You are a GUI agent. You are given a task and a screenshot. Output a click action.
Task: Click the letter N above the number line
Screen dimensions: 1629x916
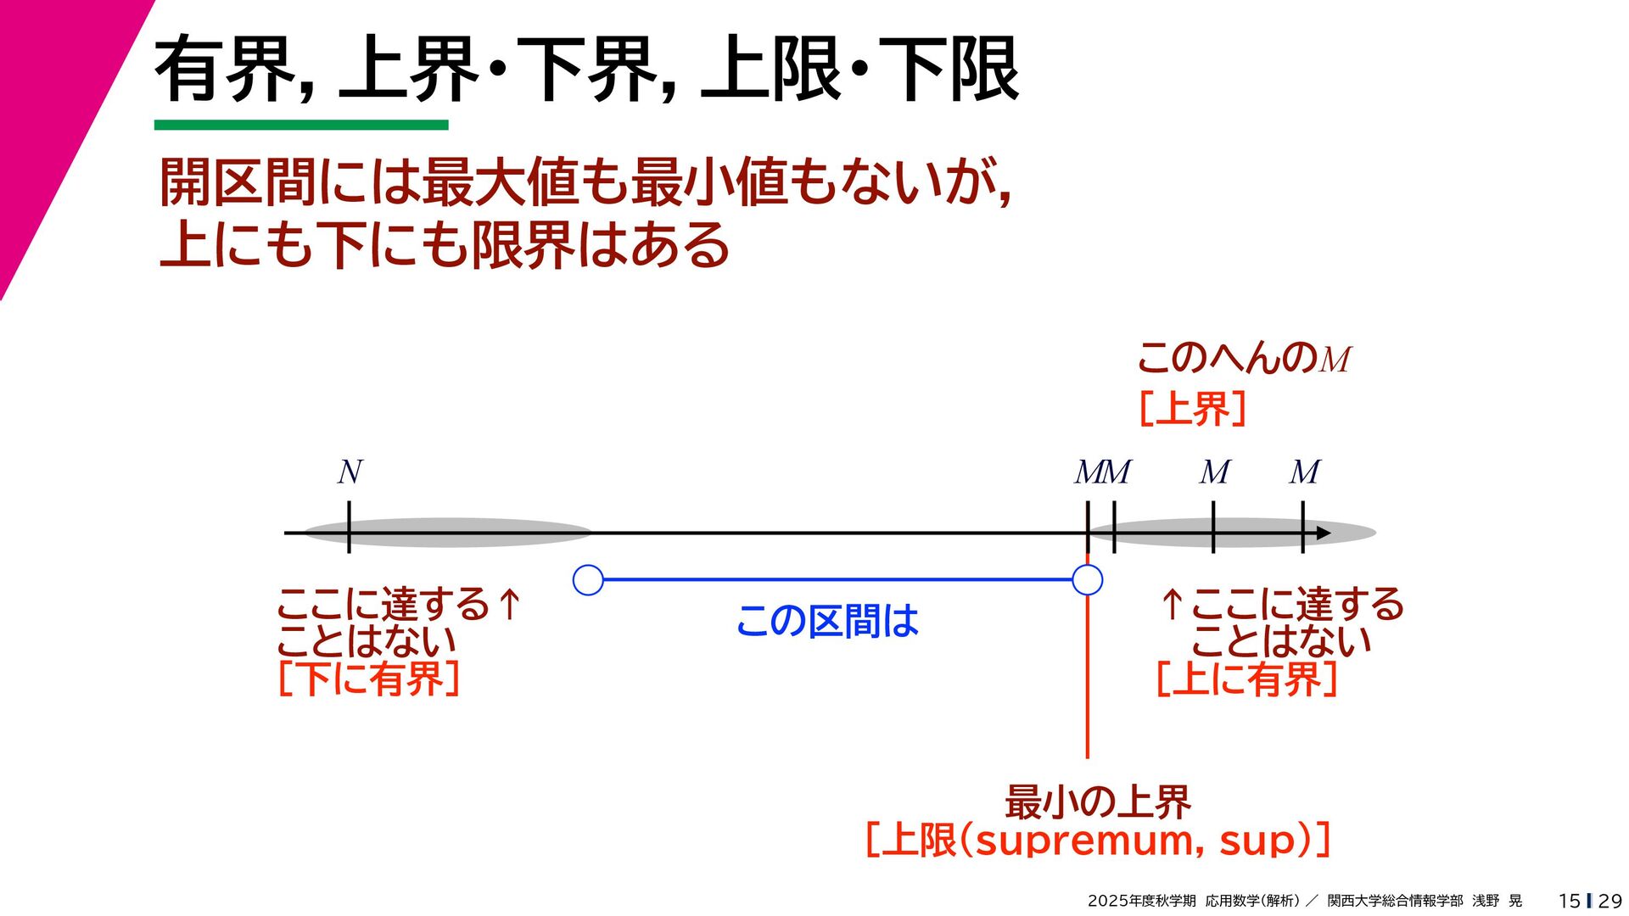tap(350, 472)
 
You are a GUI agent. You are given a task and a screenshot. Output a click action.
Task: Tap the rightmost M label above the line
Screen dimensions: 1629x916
tap(1305, 472)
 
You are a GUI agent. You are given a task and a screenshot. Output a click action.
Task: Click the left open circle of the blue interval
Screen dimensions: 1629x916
tap(588, 580)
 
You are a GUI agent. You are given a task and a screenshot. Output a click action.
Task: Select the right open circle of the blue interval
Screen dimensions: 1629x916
tap(1087, 580)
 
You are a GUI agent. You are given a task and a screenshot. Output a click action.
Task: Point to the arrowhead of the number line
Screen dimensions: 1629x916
tap(1323, 533)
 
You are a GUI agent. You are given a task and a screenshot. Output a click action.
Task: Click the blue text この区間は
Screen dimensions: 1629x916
tap(827, 621)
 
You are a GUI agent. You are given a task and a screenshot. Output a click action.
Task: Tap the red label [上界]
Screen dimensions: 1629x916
tap(1192, 409)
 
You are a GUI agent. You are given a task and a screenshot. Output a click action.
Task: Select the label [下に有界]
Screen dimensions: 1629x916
tap(369, 679)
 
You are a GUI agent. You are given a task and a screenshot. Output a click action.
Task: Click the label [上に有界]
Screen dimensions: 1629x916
tap(1246, 679)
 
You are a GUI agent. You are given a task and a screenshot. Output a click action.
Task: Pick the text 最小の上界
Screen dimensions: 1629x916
tap(1098, 801)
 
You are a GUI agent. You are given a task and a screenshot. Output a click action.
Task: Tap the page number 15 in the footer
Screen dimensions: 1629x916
tap(1569, 901)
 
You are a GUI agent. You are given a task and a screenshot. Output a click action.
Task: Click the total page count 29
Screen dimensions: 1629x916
tap(1609, 901)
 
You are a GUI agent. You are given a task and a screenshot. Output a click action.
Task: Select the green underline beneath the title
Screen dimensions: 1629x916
tap(301, 126)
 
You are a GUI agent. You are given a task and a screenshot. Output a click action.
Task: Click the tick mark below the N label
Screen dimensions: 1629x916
tap(349, 528)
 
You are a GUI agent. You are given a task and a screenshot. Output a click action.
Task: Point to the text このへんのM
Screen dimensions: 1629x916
tap(1243, 359)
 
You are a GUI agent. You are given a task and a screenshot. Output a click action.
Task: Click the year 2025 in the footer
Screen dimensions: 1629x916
tap(1107, 901)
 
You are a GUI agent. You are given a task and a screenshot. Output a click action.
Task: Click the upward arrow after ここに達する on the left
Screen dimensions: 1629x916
tap(509, 604)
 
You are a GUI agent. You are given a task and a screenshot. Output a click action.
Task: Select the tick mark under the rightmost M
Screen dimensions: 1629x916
tap(1302, 528)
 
